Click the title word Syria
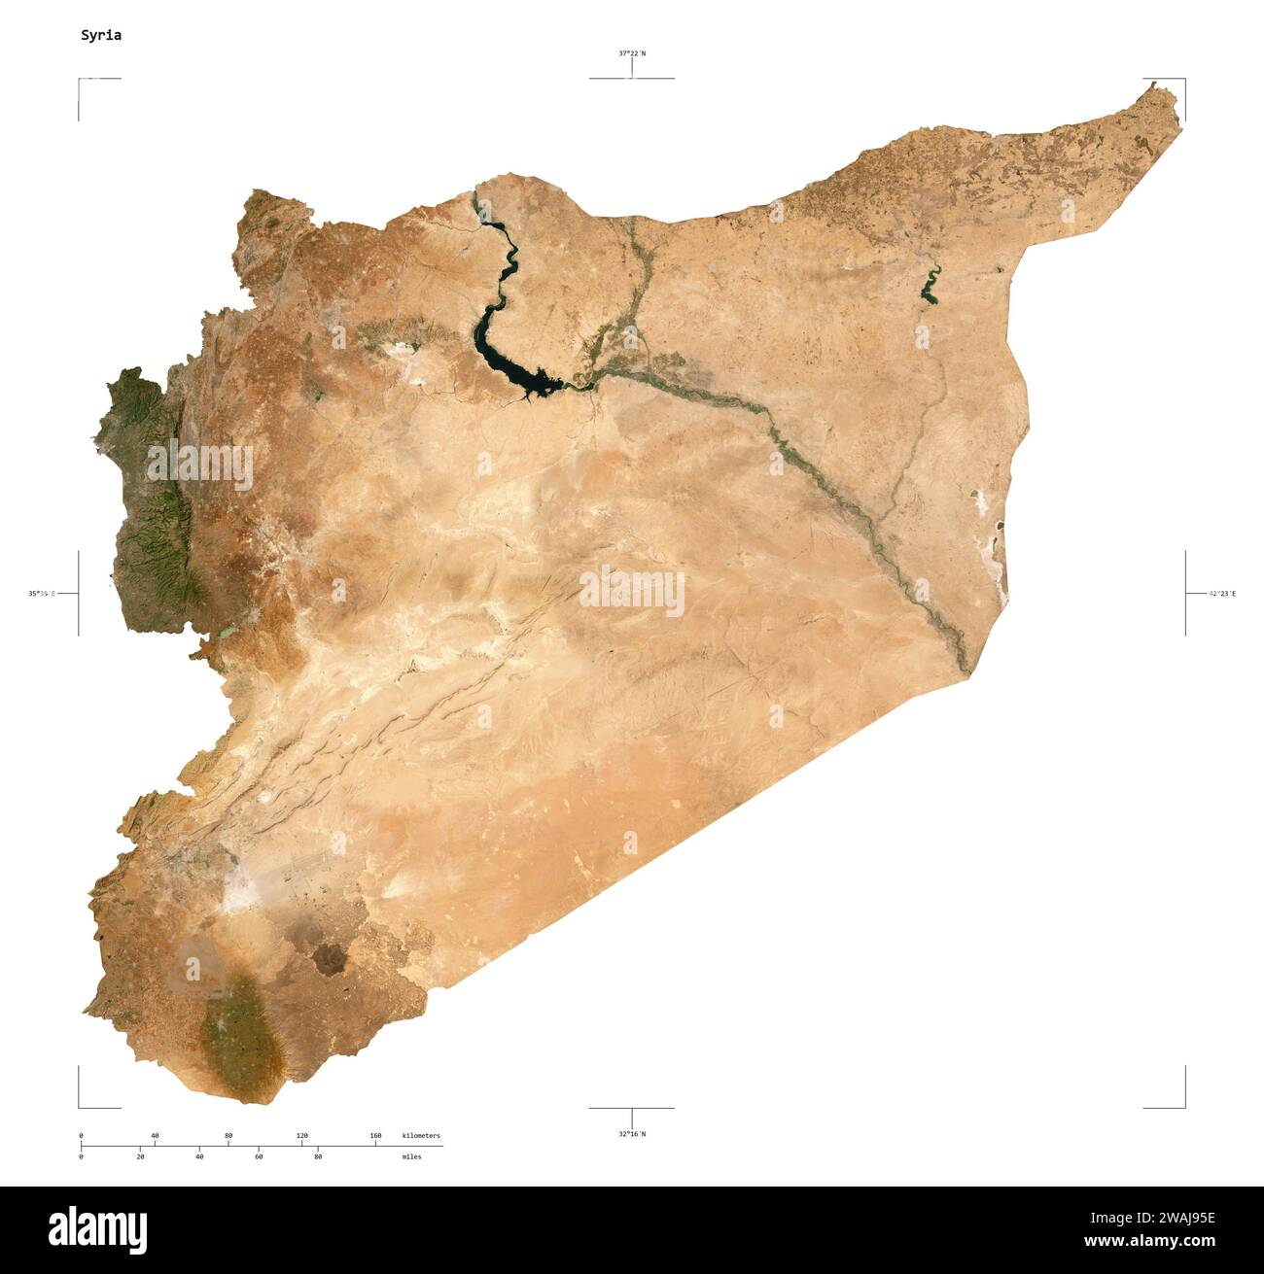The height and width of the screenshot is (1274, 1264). pos(101,35)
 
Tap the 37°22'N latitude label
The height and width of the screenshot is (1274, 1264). pos(632,53)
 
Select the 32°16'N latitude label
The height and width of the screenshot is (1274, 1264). pos(632,1133)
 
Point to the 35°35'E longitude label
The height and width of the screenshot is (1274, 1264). pos(42,593)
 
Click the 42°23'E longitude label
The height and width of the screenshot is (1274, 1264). pos(1222,593)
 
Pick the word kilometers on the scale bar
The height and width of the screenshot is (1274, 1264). pos(421,1135)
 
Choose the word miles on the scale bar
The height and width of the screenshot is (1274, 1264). pos(411,1156)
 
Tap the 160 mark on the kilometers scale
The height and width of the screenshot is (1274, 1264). pos(375,1135)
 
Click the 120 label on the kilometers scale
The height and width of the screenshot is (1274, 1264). pos(301,1135)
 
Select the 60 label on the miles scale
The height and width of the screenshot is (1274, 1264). pos(259,1156)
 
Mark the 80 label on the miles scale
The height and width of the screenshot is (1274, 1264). pos(318,1156)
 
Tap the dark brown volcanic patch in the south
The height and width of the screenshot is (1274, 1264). pos(329,957)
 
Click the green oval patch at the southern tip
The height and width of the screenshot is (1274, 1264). pos(238,1030)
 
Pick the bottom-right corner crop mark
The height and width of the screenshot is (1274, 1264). pos(1184,1106)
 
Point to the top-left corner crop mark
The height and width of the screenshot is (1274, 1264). pos(80,80)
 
